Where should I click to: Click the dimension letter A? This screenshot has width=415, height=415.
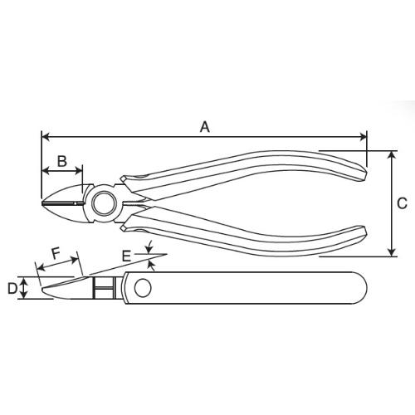tap(205, 127)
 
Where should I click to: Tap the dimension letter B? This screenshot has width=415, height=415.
tap(62, 161)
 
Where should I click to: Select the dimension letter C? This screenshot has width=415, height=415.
tap(402, 203)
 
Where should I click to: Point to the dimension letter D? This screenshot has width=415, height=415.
tap(12, 289)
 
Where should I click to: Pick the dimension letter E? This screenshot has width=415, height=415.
tap(126, 256)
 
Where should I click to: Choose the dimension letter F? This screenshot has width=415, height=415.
tap(56, 253)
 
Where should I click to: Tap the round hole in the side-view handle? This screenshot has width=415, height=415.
tap(143, 288)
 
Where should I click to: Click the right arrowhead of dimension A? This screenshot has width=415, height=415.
tap(363, 136)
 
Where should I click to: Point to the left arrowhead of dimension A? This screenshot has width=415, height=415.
tap(46, 136)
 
